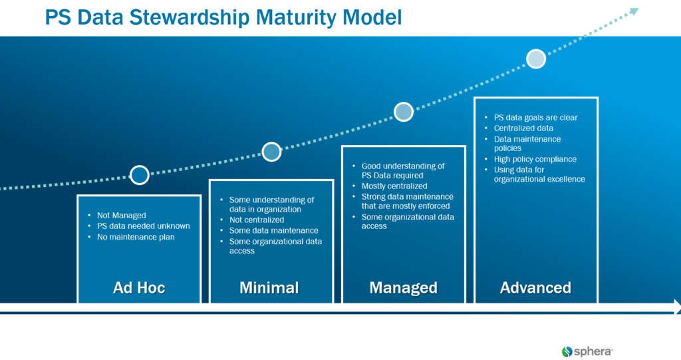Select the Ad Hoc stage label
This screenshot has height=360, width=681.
139,287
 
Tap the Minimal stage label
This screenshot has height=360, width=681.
269,287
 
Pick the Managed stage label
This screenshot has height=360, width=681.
403,287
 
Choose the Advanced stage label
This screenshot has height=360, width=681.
535,287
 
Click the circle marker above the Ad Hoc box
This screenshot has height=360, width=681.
139,175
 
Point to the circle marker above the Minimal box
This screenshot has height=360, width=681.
271,152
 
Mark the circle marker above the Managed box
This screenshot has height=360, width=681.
404,112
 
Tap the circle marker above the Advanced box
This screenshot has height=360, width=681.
536,59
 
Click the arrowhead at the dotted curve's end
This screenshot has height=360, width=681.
634,11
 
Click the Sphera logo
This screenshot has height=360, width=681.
587,351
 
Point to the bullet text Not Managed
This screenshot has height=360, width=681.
121,216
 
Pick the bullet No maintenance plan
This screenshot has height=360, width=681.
136,237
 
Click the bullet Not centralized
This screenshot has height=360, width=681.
256,220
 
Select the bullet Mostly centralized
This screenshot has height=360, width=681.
394,186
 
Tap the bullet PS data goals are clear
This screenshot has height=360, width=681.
535,118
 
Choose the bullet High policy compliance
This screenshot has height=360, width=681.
535,159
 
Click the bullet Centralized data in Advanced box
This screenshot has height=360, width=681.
523,128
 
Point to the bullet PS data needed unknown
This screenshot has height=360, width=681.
143,226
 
